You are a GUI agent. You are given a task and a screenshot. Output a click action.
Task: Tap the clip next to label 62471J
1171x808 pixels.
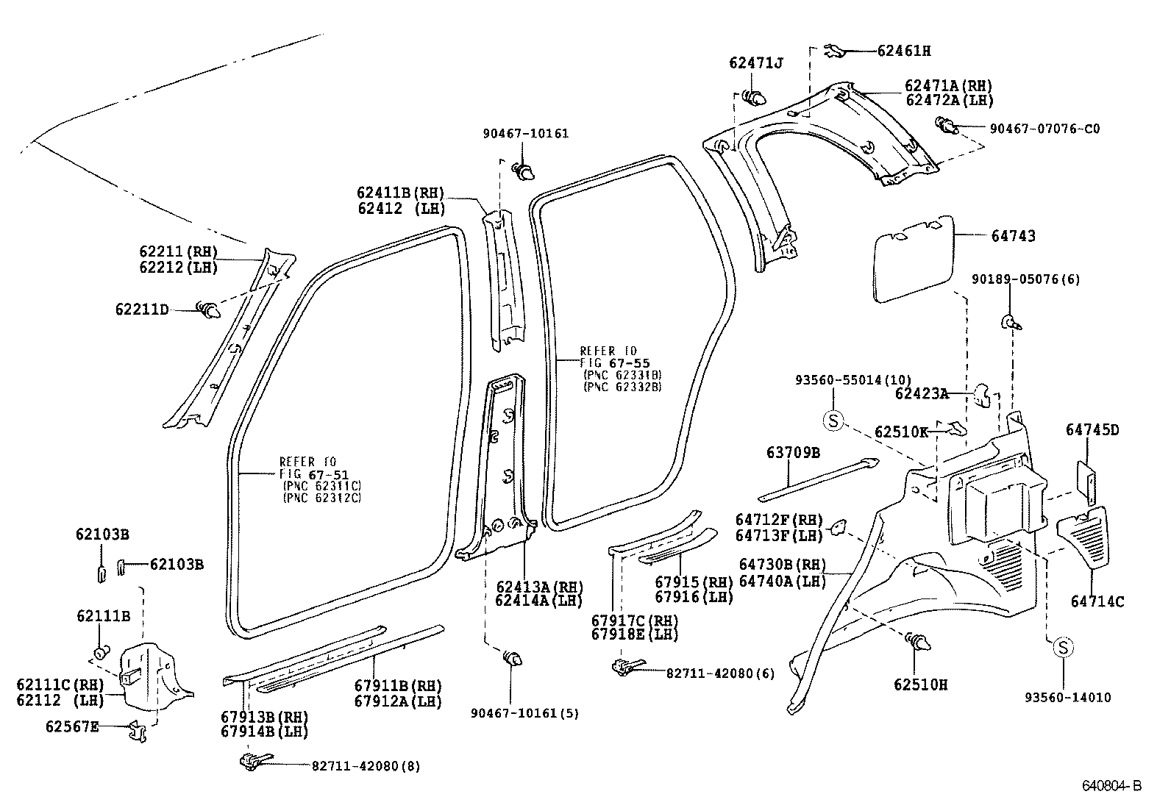pyautogui.click(x=754, y=98)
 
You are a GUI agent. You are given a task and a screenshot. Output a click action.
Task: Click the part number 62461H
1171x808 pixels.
pyautogui.click(x=903, y=51)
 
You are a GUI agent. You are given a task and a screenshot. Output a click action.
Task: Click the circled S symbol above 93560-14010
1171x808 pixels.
pyautogui.click(x=1063, y=648)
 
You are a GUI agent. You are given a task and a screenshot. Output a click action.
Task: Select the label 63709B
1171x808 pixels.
pyautogui.click(x=792, y=453)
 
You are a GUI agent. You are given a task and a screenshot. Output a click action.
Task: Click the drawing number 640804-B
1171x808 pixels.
pyautogui.click(x=1111, y=786)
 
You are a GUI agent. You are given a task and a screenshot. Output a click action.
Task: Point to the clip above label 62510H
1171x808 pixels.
pyautogui.click(x=919, y=643)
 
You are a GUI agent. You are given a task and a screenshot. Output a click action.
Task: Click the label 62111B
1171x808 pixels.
pyautogui.click(x=102, y=616)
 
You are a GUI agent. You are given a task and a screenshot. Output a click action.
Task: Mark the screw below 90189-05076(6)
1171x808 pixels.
pyautogui.click(x=1011, y=321)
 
